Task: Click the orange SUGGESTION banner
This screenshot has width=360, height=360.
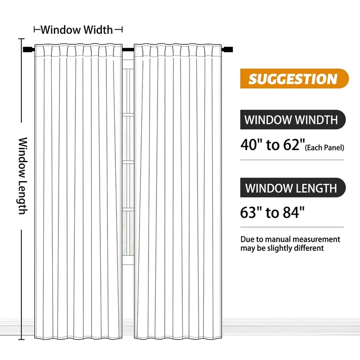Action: coord(294,79)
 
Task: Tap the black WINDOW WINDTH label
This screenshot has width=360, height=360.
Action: coord(292,120)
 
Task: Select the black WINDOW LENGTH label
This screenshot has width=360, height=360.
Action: coord(292,187)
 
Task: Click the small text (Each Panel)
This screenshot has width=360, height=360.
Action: coord(325,147)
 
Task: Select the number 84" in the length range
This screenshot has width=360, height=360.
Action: coord(294,212)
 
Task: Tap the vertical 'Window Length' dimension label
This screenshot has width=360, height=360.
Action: coord(23,176)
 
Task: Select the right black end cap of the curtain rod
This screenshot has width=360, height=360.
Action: coord(227,49)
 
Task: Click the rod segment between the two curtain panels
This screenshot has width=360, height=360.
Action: coord(128,49)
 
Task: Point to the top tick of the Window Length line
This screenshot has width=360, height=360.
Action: coord(21,39)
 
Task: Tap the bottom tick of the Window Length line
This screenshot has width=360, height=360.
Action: coord(21,339)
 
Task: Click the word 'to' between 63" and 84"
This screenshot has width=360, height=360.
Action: coord(272,213)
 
